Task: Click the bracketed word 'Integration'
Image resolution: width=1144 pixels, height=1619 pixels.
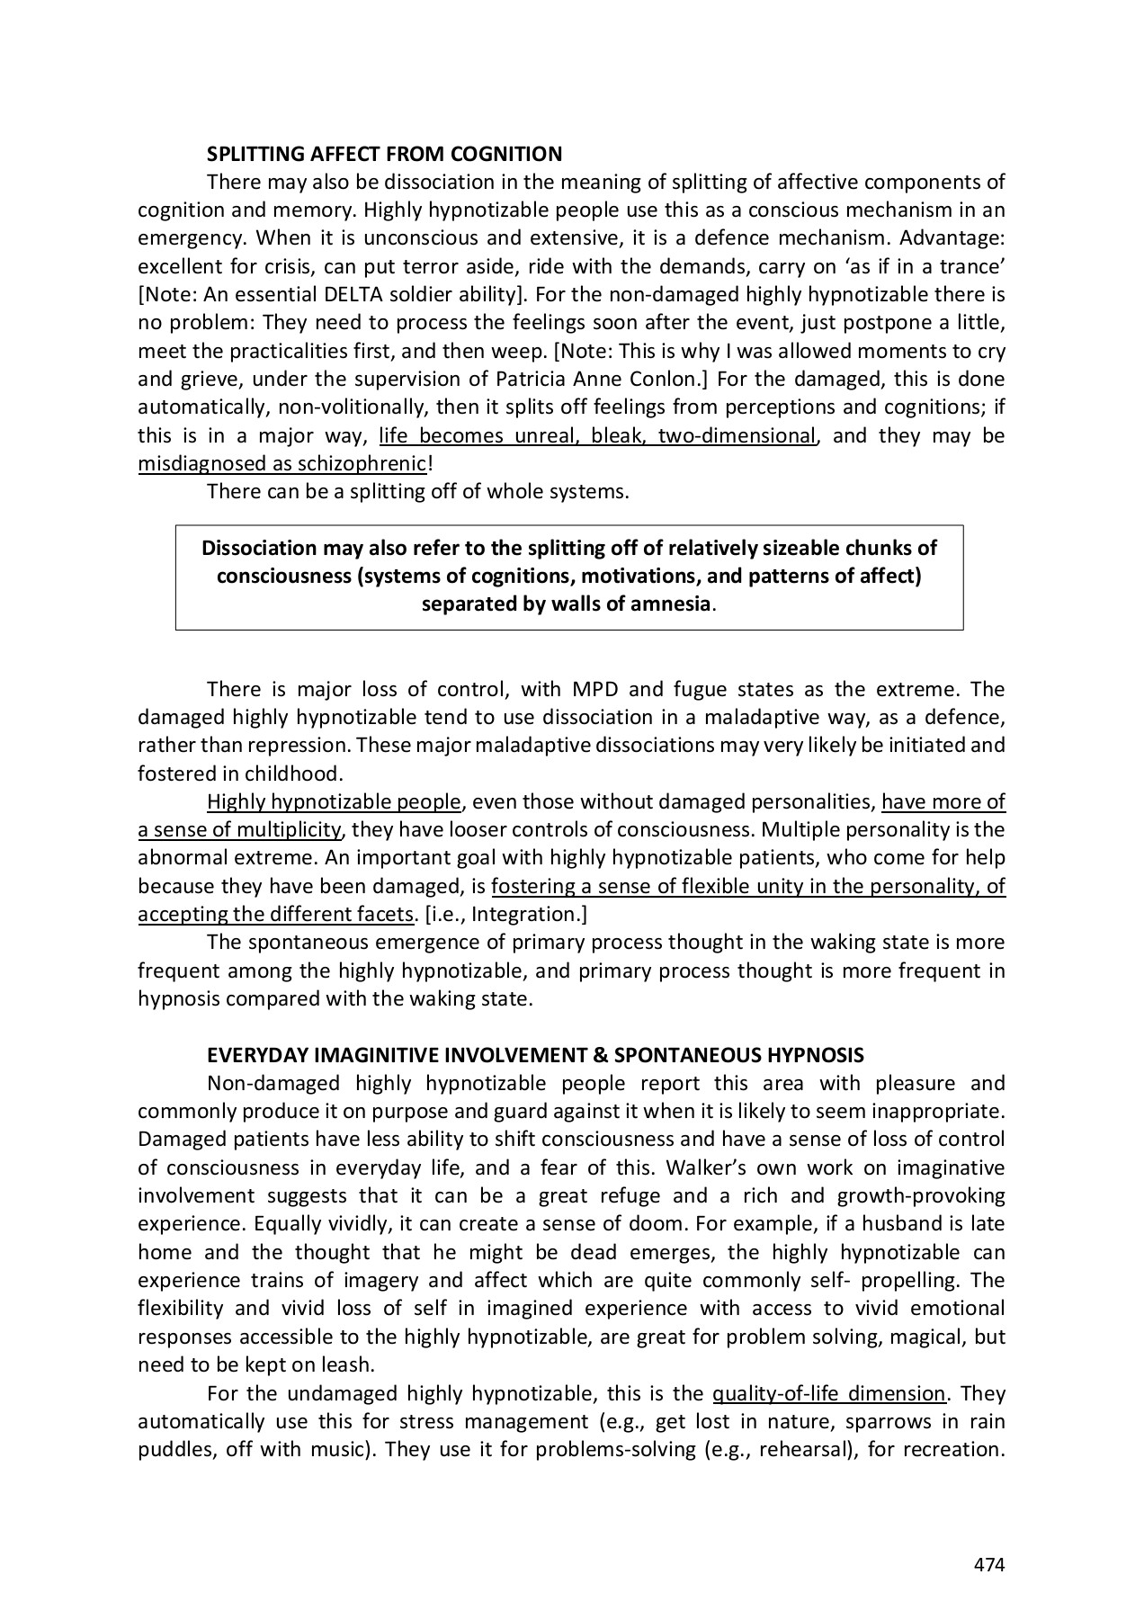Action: pos(528,915)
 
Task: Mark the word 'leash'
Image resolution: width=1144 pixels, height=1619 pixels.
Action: pos(346,1365)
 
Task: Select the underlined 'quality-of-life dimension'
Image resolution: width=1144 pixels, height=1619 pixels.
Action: pos(828,1394)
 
